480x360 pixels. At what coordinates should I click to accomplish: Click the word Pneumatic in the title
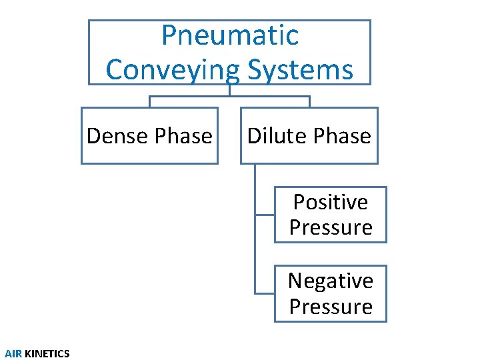pyautogui.click(x=230, y=35)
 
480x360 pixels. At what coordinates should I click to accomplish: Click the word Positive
pyautogui.click(x=331, y=201)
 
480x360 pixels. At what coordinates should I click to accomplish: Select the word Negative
pyautogui.click(x=331, y=281)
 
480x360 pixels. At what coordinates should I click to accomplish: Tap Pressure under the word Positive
pyautogui.click(x=331, y=227)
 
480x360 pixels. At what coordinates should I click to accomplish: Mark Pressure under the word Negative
pyautogui.click(x=331, y=307)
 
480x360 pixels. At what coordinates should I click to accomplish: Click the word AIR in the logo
pyautogui.click(x=13, y=353)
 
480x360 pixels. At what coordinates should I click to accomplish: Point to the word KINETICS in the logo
pyautogui.click(x=47, y=353)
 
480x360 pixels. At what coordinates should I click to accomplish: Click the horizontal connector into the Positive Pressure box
pyautogui.click(x=265, y=215)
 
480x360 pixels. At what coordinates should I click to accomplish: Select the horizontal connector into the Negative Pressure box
pyautogui.click(x=265, y=293)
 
